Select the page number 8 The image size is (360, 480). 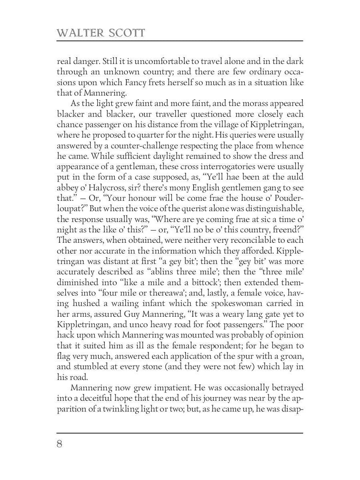tap(60, 444)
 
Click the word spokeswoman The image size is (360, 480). tap(238, 303)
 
